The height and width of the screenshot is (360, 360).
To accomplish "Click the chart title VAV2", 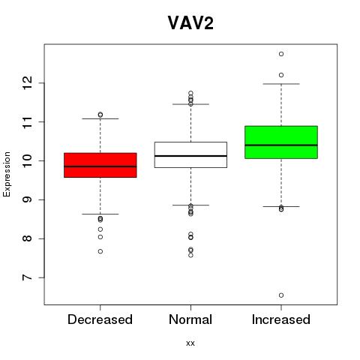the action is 190,22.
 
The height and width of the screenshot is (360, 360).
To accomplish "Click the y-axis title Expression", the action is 7,175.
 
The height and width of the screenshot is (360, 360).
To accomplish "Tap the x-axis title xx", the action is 190,343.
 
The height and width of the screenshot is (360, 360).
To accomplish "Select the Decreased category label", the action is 100,319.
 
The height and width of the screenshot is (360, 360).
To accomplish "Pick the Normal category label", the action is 190,319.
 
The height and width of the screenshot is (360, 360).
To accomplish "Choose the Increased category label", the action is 281,319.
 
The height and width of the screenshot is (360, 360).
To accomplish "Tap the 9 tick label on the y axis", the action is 27,199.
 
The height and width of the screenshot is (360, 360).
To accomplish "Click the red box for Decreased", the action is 100,165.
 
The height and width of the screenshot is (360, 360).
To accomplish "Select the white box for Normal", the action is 190,154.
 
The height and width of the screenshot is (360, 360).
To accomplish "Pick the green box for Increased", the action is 281,142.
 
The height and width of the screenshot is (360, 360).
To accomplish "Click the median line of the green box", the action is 281,145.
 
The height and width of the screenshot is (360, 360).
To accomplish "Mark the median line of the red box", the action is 100,166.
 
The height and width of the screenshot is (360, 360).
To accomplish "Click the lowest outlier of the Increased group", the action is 281,295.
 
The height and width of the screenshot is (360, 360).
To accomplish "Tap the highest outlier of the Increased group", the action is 281,54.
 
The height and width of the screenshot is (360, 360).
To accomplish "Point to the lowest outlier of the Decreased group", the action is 100,251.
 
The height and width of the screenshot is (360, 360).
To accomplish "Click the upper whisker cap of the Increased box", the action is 281,84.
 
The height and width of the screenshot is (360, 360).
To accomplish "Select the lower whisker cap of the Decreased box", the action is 100,214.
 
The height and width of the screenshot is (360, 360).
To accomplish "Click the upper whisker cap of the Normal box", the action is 190,104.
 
